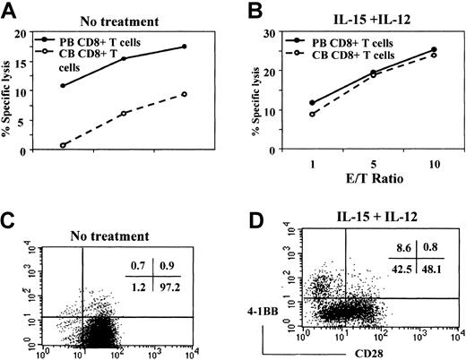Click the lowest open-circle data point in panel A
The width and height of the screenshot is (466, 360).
coord(62,145)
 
